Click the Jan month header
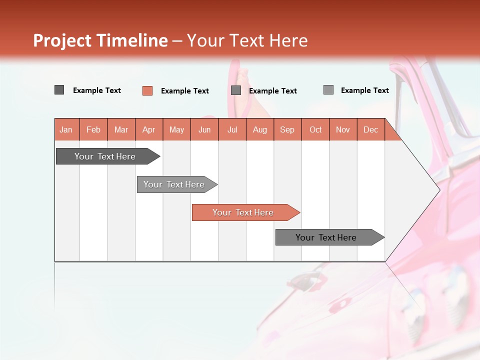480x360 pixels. [66, 130]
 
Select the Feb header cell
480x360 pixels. [93, 130]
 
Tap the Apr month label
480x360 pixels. [148, 130]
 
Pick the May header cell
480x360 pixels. [176, 130]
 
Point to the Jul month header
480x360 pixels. [232, 130]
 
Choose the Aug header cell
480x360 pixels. [259, 130]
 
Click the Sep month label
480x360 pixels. [287, 130]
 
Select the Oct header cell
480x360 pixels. [315, 130]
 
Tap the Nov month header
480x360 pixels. [343, 130]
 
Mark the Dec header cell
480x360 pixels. [370, 130]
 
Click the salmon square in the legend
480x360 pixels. [147, 90]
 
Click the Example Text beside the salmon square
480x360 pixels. [184, 91]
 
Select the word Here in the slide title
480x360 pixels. [288, 40]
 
